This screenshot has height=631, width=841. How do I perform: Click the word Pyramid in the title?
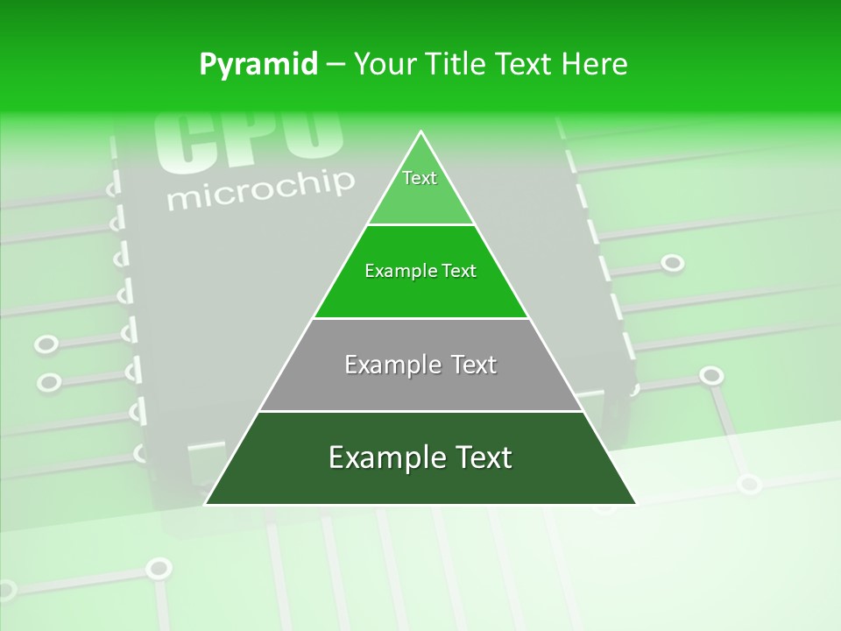tap(258, 65)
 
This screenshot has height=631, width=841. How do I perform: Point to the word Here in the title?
tap(596, 64)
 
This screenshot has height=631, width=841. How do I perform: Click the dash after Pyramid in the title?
tap(335, 65)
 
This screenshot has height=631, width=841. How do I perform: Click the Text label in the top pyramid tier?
tap(420, 178)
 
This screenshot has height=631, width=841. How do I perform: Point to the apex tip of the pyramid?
tap(421, 132)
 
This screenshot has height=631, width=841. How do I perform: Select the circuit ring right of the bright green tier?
tap(672, 263)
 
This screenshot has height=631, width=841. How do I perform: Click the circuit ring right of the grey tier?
tap(711, 376)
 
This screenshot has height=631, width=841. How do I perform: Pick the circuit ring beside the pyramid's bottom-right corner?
tap(749, 483)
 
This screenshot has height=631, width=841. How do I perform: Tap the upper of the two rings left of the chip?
tap(46, 344)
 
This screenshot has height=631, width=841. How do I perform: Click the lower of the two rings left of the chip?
tap(49, 382)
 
